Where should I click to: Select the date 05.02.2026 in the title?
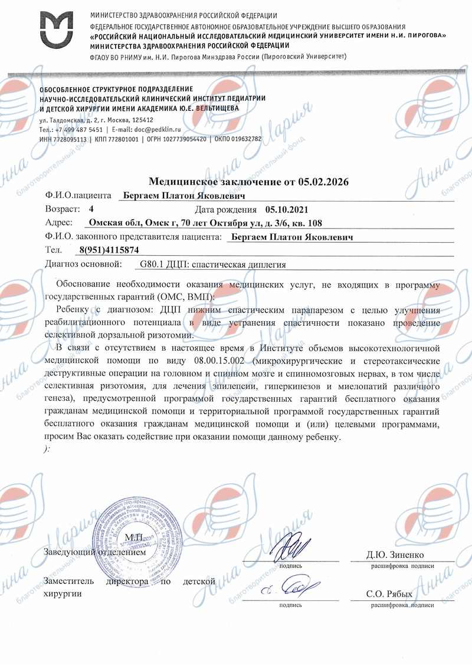[x=323, y=182]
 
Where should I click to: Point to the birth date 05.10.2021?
[x=287, y=209]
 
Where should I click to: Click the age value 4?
[x=91, y=209]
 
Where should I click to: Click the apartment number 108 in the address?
[x=315, y=223]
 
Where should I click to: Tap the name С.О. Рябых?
[x=390, y=594]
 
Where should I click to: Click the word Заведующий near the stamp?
[x=68, y=553]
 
